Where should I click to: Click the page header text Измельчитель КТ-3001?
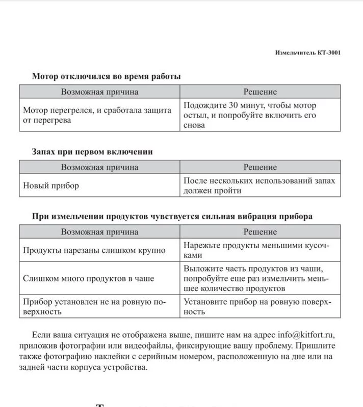click(307, 52)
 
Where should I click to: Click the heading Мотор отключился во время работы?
click(106, 76)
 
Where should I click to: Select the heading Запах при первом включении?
click(92, 152)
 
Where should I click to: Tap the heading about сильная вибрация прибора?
click(172, 216)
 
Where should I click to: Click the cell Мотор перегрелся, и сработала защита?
click(97, 115)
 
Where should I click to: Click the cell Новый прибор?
click(51, 186)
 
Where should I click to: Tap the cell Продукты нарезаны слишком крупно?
click(94, 250)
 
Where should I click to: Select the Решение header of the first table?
click(260, 92)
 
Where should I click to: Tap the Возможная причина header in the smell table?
click(100, 167)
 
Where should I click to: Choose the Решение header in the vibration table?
click(260, 232)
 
